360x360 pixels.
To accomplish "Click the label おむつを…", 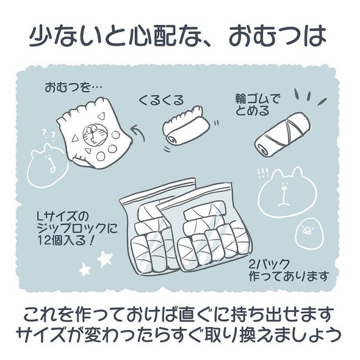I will [70, 87].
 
